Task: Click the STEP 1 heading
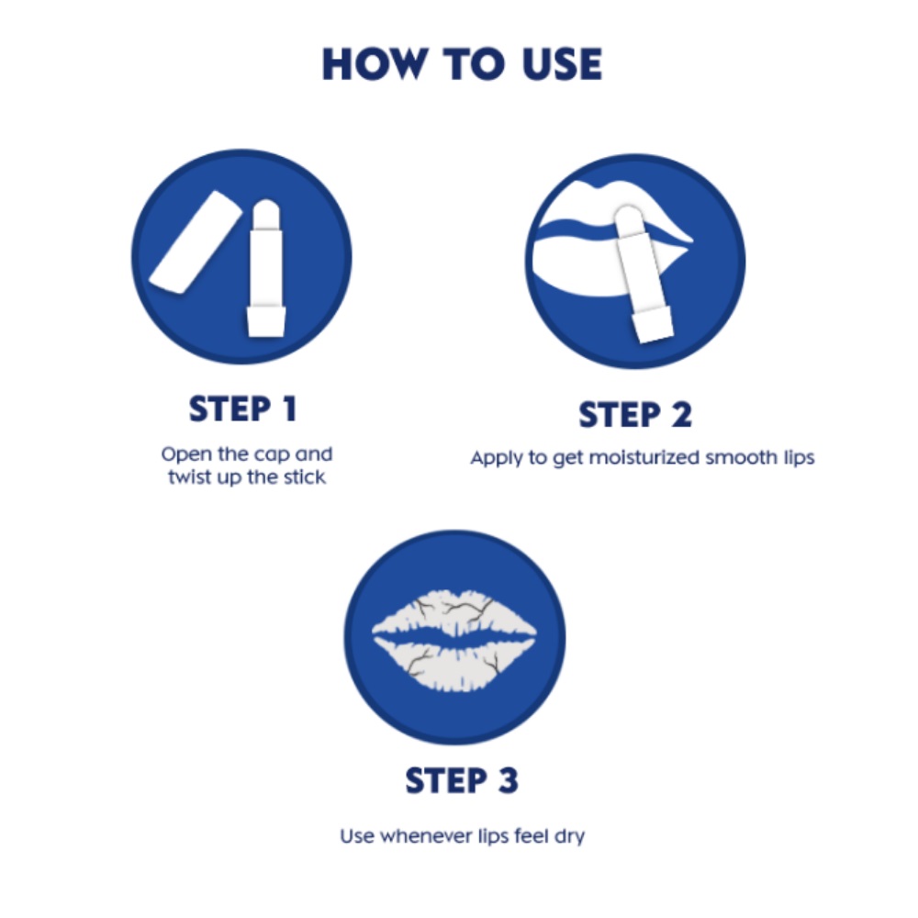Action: pos(243,409)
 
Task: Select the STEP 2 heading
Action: pos(635,415)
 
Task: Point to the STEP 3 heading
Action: pos(462,780)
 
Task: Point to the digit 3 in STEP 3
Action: pos(506,780)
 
